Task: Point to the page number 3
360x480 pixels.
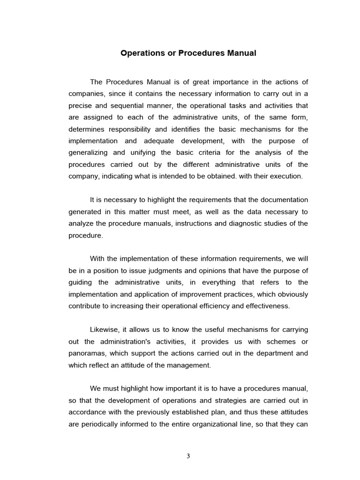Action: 188,456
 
